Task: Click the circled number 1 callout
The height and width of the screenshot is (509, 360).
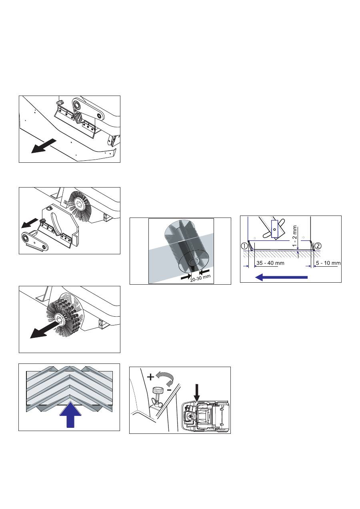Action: point(244,246)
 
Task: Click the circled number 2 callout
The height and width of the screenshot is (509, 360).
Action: point(318,246)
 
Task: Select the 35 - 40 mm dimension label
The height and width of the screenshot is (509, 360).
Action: point(270,263)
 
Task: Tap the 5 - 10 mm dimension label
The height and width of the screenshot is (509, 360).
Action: point(328,263)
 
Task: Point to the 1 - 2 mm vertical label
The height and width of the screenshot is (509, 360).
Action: point(295,236)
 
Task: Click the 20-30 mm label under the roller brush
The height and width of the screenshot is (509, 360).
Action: point(200,277)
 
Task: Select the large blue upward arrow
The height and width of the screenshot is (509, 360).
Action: point(70,415)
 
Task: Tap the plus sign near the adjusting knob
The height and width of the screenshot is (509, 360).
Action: point(150,377)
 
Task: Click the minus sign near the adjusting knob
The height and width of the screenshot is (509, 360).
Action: point(169,390)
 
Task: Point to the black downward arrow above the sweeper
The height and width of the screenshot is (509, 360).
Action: point(197,393)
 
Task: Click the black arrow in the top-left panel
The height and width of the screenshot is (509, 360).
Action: point(44,146)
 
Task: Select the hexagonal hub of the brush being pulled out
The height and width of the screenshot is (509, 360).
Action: point(61,318)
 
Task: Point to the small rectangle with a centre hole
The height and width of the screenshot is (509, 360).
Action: point(274,229)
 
